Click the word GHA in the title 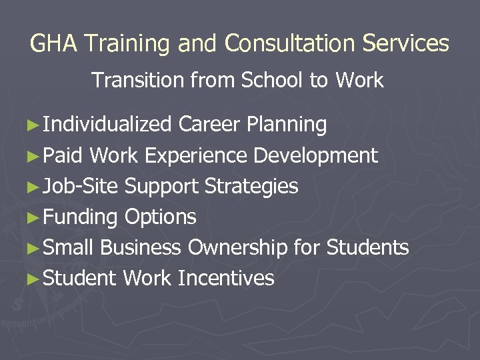pos(54,44)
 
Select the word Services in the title pos(407,44)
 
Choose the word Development pos(316,156)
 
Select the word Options pos(161,217)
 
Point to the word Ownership pos(238,248)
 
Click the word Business pos(141,248)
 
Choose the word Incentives pos(226,278)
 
